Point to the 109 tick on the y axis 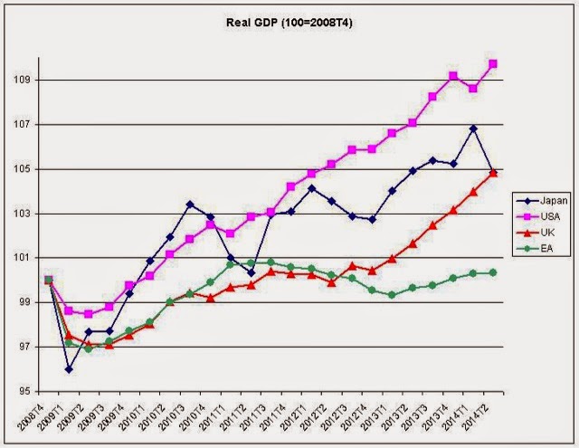26,80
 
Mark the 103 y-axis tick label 26,214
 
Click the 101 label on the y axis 26,258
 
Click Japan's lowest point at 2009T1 68,368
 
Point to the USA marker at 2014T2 494,63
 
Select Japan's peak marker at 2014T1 473,129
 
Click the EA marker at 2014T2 494,272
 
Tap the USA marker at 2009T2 89,314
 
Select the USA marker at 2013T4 453,76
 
